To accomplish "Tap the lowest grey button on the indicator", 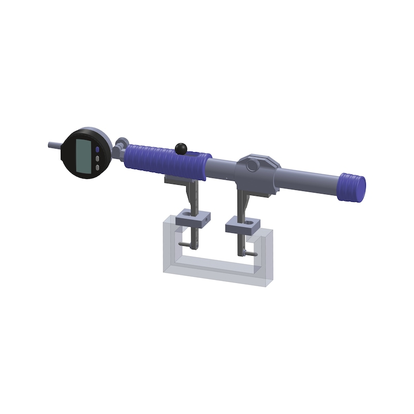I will pyautogui.click(x=97, y=168).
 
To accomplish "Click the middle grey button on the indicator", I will pyautogui.click(x=97, y=159).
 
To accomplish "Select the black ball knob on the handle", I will pyautogui.click(x=181, y=149).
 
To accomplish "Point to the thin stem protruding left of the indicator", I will pyautogui.click(x=54, y=145).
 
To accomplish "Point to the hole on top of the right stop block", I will pyautogui.click(x=247, y=223).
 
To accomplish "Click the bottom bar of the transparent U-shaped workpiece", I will pyautogui.click(x=217, y=269).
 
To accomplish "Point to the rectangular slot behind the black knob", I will pyautogui.click(x=197, y=154).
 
